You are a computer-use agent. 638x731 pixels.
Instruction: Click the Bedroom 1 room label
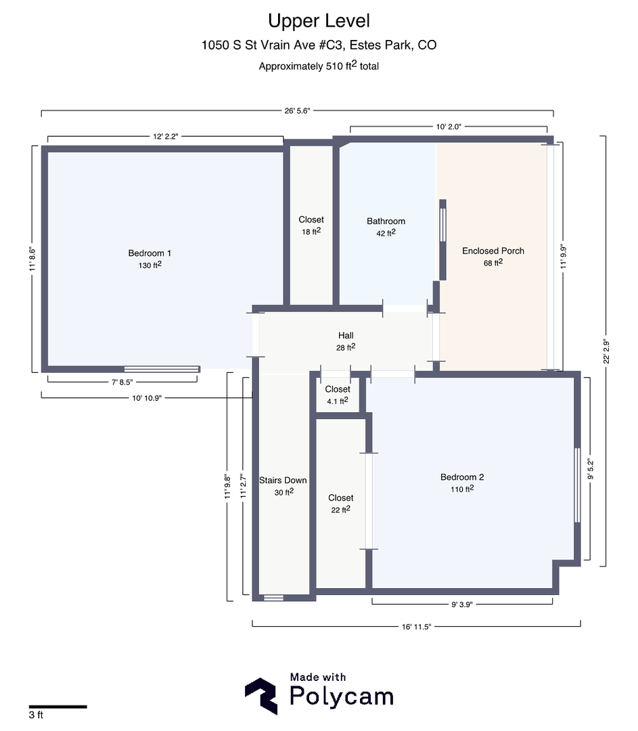pyautogui.click(x=145, y=253)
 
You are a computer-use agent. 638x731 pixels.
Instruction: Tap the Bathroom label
pyautogui.click(x=386, y=221)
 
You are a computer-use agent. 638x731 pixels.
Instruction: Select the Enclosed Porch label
pyautogui.click(x=493, y=251)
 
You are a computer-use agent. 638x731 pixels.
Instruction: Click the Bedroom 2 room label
pyautogui.click(x=461, y=477)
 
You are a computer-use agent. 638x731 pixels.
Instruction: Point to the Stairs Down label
pyautogui.click(x=283, y=481)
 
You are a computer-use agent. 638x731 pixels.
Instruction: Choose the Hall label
pyautogui.click(x=346, y=336)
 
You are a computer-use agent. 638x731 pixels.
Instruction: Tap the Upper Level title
pyautogui.click(x=319, y=21)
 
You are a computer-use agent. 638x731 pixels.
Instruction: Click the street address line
pyautogui.click(x=319, y=45)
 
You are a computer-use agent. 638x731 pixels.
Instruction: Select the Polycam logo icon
pyautogui.click(x=260, y=696)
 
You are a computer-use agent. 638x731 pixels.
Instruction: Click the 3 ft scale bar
pyautogui.click(x=58, y=707)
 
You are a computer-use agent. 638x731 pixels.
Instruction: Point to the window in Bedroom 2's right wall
pyautogui.click(x=577, y=485)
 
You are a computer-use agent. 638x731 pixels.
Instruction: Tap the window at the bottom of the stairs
pyautogui.click(x=273, y=598)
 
